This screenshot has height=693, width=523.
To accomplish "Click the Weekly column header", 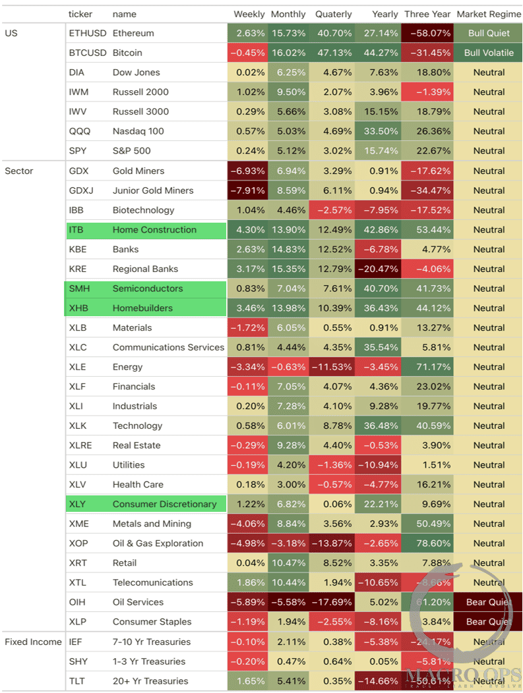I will [249, 14].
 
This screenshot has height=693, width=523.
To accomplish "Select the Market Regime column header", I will [489, 14].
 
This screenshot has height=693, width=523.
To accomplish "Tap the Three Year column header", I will [427, 14].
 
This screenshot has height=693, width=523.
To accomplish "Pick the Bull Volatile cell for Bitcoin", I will [489, 53].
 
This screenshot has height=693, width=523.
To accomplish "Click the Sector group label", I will [18, 171].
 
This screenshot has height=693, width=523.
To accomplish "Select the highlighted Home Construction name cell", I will [154, 230].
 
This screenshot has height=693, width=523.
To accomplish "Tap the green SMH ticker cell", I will [79, 289].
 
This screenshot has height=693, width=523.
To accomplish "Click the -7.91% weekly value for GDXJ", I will [248, 190].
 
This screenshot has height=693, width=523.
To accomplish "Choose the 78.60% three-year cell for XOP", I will [428, 543].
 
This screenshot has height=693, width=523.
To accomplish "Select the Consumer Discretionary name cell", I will [164, 504].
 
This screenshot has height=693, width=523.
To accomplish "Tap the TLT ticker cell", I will [77, 681].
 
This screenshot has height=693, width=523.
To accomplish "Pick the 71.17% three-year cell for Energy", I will [428, 367].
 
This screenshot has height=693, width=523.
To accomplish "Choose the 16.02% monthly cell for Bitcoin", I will [288, 53].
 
